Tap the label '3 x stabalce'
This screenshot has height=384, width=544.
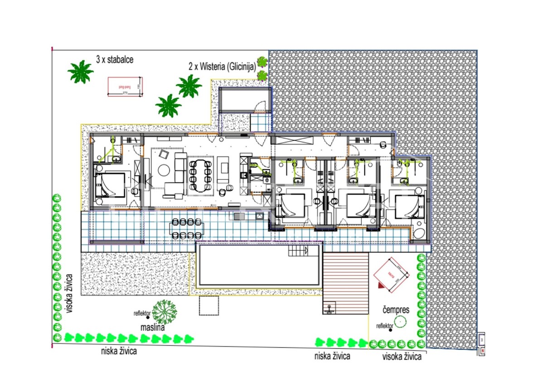[x=115, y=59]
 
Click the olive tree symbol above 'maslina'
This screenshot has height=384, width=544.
[x=164, y=311]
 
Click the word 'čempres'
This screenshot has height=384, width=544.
[x=395, y=311]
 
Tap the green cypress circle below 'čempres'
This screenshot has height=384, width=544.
[x=400, y=322]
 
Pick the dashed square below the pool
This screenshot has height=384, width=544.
[x=208, y=306]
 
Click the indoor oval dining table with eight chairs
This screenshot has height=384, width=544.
[x=200, y=174]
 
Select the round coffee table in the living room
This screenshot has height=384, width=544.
[x=164, y=170]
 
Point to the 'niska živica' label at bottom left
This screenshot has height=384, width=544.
[x=119, y=350]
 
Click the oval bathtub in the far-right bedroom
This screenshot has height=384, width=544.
[x=419, y=233]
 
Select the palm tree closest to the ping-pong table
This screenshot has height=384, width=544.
[x=81, y=72]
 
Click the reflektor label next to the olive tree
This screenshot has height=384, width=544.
[x=142, y=313]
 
